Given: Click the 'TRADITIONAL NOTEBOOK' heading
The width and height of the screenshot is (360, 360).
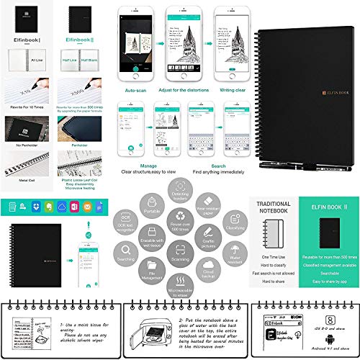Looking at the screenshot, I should tap(274, 207).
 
